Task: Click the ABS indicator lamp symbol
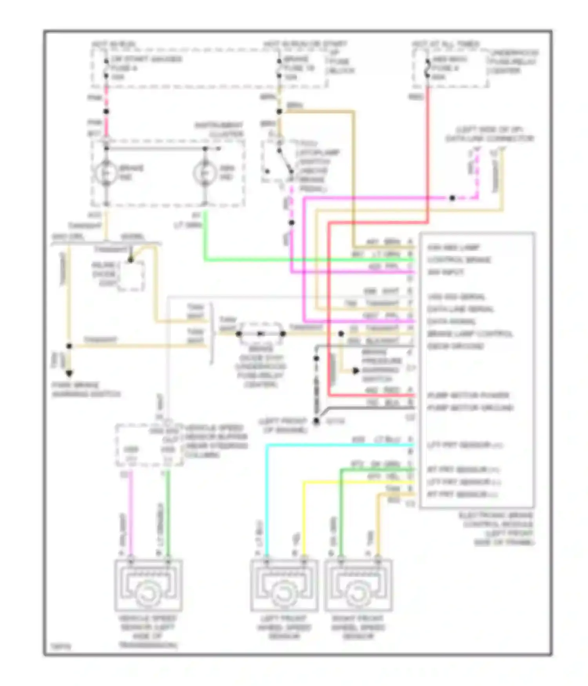[205, 173]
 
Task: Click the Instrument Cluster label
[220, 129]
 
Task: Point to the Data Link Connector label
[490, 134]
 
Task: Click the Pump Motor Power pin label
[468, 395]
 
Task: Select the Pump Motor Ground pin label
[470, 408]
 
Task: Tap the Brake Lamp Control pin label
[470, 334]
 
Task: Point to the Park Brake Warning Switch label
[86, 389]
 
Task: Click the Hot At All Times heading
[446, 44]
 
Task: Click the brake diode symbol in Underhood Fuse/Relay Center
[261, 334]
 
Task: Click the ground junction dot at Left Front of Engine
[316, 421]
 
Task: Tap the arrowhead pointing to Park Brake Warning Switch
[69, 373]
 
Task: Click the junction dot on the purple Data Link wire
[452, 198]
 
